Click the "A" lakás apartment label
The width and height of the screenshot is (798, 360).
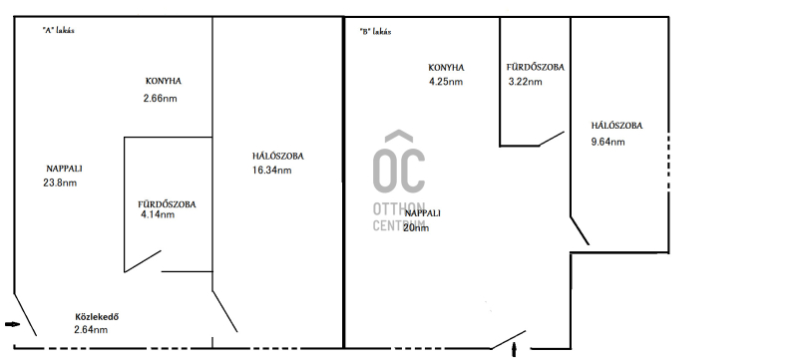59,30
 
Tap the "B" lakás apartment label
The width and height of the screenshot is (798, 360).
375,32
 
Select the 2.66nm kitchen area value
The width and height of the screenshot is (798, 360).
161,98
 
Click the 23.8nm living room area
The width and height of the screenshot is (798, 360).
60,182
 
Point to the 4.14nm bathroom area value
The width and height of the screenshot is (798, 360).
158,214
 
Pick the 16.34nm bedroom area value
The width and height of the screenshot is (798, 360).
271,171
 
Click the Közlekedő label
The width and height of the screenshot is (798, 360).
97,317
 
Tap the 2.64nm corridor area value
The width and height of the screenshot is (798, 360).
91,329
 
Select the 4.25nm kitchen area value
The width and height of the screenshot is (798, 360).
446,82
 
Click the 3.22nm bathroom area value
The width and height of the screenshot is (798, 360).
526,82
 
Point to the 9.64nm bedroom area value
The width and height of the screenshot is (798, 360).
607,142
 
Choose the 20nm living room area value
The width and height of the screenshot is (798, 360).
416,227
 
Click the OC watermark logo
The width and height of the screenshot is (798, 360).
399,181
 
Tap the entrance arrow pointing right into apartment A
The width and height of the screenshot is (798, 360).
13,324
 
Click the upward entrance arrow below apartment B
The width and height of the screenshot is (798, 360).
515,350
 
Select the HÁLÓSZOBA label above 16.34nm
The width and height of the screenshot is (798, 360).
278,157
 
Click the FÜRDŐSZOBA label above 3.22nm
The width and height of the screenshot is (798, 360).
536,67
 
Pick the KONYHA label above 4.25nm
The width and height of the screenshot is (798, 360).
446,68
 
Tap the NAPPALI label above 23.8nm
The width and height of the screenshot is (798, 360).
64,169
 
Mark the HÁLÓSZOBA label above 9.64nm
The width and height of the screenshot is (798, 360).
616,126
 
